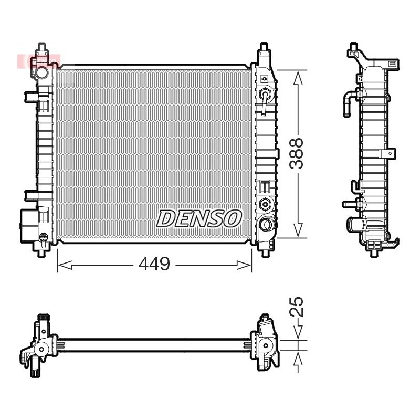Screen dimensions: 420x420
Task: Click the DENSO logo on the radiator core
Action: click(x=199, y=218)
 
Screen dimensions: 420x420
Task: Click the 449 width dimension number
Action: click(x=154, y=264)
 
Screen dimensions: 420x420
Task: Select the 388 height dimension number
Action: click(x=296, y=154)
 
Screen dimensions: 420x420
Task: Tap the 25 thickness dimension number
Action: click(x=297, y=307)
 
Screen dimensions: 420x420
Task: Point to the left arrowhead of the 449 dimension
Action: click(x=65, y=265)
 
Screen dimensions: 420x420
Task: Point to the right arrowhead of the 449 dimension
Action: click(x=244, y=265)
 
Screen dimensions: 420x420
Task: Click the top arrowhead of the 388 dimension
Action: click(x=298, y=77)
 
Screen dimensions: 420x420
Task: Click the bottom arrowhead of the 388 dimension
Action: click(x=298, y=230)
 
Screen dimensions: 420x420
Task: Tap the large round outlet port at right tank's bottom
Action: click(x=266, y=224)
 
